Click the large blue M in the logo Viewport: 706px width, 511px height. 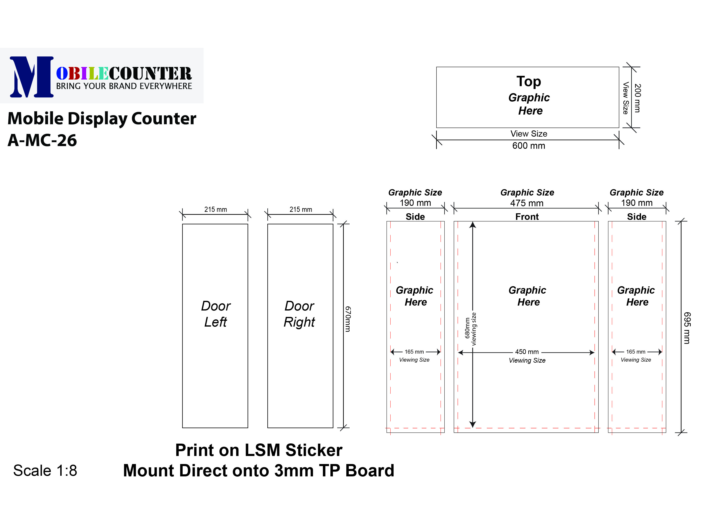(31, 77)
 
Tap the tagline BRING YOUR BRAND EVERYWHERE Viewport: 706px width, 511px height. (124, 86)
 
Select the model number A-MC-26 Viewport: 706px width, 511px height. (42, 140)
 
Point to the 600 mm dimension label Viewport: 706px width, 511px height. (528, 146)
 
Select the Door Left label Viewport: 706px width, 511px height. (215, 314)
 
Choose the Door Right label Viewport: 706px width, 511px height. (300, 314)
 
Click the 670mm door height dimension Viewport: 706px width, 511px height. (348, 319)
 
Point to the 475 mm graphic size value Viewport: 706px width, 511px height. (527, 203)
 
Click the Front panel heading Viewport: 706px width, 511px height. (527, 217)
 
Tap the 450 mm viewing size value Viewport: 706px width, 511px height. (527, 352)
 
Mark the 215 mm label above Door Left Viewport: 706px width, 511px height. (215, 209)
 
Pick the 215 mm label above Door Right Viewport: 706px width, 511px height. (301, 209)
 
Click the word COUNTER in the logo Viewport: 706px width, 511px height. (150, 74)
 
